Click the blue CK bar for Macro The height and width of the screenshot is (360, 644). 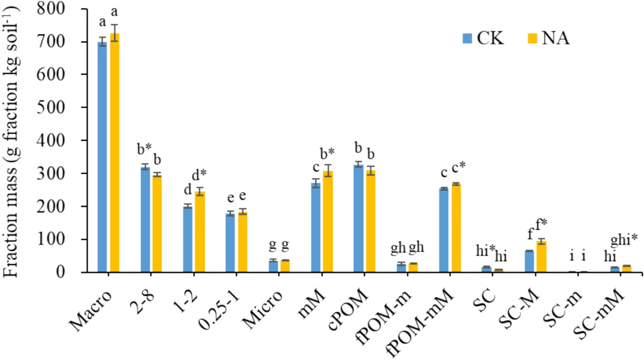click(x=103, y=157)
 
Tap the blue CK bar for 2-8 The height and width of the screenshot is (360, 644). click(x=145, y=219)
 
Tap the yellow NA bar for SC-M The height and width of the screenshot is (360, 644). click(x=541, y=257)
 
